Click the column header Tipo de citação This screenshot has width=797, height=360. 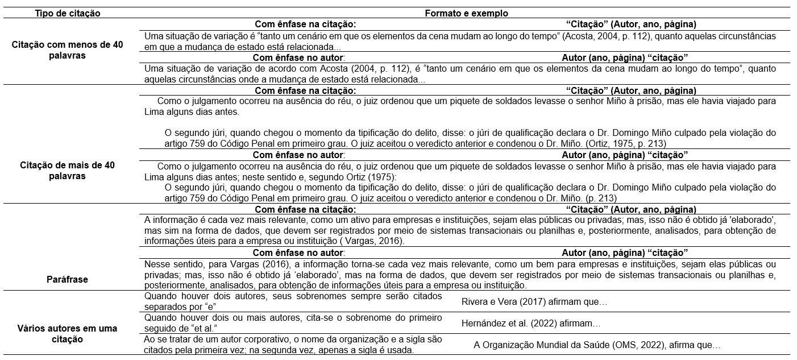68,13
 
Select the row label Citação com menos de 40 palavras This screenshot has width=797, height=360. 68,50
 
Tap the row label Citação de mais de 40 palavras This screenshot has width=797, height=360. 68,171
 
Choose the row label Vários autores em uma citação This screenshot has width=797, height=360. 68,334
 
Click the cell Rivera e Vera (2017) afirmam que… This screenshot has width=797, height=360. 534,302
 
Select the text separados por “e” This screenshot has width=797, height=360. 171,307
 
